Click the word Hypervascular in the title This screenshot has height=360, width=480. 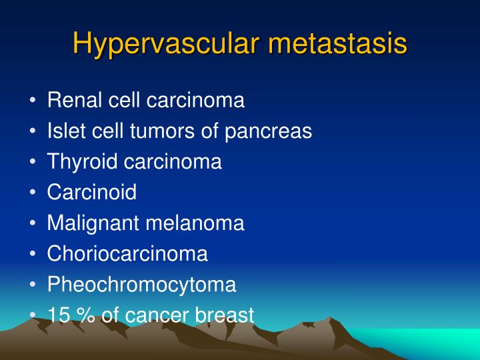[x=167, y=43]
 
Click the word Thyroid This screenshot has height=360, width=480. [x=79, y=162]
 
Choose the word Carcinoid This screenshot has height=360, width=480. [x=92, y=193]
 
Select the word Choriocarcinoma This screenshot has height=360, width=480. [x=127, y=254]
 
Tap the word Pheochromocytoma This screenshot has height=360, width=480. [x=141, y=285]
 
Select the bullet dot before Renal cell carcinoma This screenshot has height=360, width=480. [x=33, y=101]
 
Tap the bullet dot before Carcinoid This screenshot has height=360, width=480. [x=33, y=193]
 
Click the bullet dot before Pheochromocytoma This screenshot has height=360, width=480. [x=33, y=285]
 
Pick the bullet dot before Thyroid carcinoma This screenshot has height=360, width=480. [x=33, y=163]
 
